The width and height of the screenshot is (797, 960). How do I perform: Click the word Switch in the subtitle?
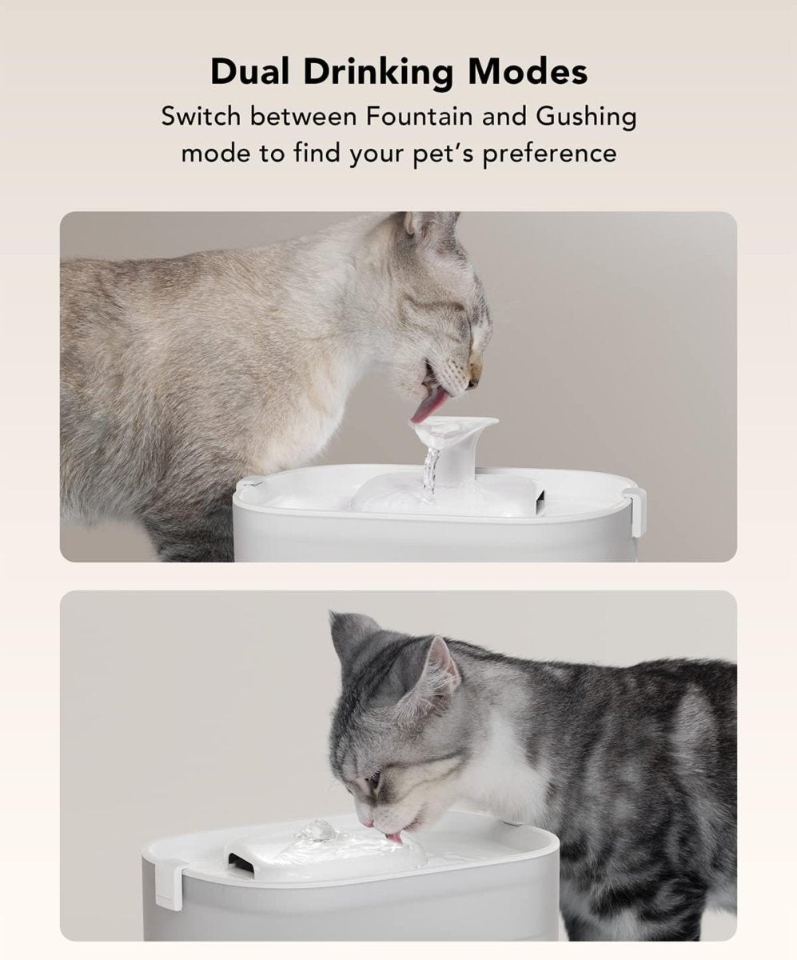point(201,117)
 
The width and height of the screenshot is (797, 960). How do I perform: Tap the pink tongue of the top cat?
point(423,409)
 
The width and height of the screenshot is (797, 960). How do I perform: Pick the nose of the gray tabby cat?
point(365,821)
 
